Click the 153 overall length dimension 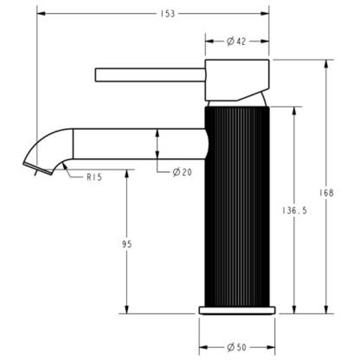(x=168, y=14)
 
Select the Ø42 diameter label (x=236, y=42)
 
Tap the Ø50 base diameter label (x=236, y=347)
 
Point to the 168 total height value (x=326, y=193)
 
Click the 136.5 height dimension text (x=294, y=211)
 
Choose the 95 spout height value (x=126, y=244)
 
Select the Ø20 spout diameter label (x=183, y=172)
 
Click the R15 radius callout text (x=94, y=177)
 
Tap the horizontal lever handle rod (x=151, y=75)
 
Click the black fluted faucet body (x=237, y=206)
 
